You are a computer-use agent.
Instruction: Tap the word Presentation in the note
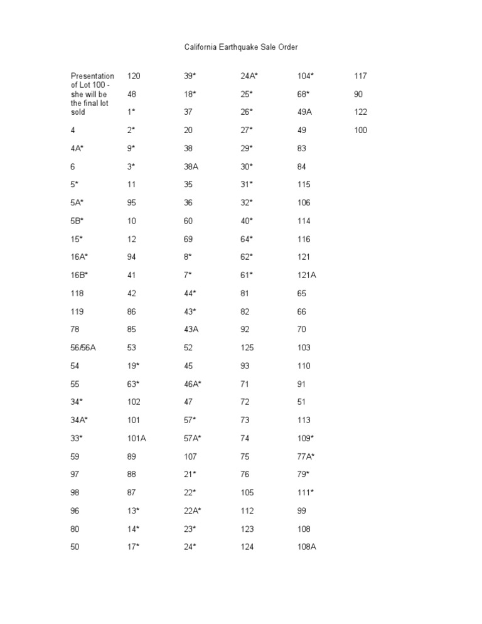pos(92,76)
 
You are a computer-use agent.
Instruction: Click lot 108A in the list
pos(307,547)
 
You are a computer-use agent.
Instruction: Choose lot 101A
pos(137,438)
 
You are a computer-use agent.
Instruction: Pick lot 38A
pos(191,166)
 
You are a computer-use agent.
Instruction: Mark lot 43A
pos(191,330)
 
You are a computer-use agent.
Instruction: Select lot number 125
pos(249,348)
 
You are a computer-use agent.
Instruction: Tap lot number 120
pos(134,76)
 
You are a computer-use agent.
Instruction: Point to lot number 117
pos(360,76)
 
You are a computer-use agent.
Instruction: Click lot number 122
pos(360,112)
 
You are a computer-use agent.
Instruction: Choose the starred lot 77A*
pos(306,456)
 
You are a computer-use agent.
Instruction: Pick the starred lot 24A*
pos(250,76)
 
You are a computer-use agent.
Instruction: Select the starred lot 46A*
pos(193,384)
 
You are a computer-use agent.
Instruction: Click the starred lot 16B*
pos(80,275)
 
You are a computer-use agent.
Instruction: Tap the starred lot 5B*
pos(77,221)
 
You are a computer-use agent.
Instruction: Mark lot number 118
pos(77,293)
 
